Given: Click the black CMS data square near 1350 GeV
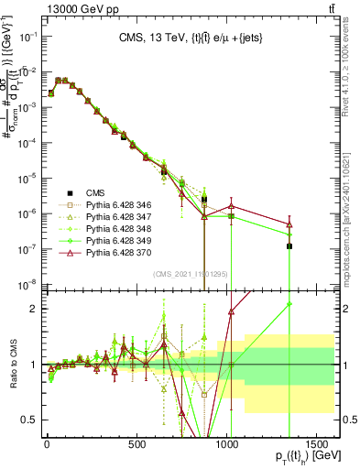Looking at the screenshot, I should point(289,245).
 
